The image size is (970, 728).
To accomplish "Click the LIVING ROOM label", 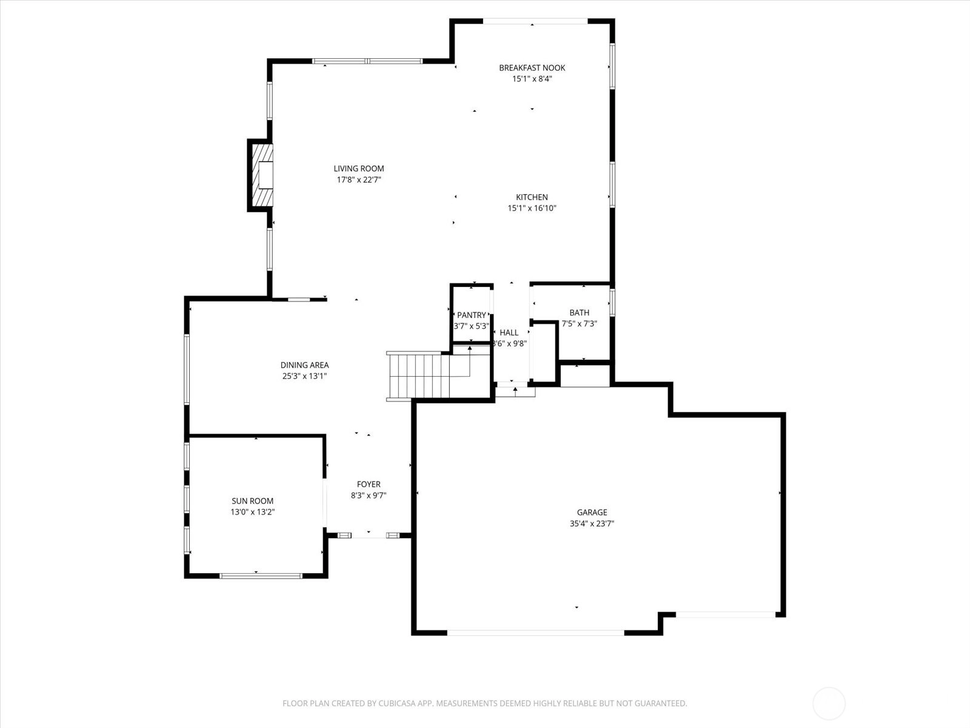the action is click(x=358, y=169).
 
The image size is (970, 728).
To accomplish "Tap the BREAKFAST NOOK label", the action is click(x=532, y=67).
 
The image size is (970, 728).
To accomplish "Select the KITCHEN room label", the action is click(x=532, y=197).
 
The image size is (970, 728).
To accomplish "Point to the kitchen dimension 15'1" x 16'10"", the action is click(x=532, y=208).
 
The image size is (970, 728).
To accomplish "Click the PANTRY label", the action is click(x=472, y=315).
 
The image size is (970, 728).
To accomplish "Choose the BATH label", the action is click(x=580, y=312).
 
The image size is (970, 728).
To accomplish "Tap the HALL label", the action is click(x=509, y=332).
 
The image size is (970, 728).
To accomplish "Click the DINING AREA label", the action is click(x=304, y=365).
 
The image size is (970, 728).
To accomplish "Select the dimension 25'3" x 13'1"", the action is click(x=304, y=376).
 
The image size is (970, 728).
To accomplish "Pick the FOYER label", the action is click(x=369, y=485).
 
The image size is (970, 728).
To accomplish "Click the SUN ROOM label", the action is click(x=252, y=501).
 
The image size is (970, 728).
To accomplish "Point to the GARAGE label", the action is click(x=592, y=512).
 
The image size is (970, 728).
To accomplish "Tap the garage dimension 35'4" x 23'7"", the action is click(x=592, y=524).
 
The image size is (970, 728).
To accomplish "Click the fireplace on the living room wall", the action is click(x=261, y=175).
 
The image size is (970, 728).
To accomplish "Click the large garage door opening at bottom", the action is click(x=535, y=633).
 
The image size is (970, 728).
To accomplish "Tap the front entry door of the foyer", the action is click(x=369, y=535).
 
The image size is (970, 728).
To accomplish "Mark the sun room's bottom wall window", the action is click(x=261, y=576).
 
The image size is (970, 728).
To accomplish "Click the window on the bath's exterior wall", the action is click(x=612, y=302).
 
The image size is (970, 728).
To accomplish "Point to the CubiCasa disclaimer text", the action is click(x=485, y=703).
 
